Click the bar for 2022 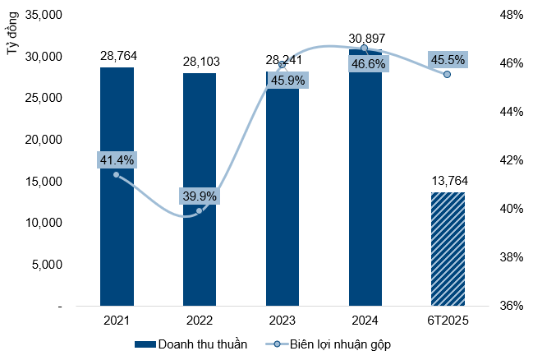click(x=200, y=189)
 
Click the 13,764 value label click(x=448, y=182)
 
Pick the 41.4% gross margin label click(x=116, y=159)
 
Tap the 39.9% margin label click(x=200, y=196)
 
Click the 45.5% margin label click(x=447, y=60)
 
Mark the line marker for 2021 click(x=116, y=175)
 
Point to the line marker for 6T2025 click(x=448, y=74)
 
